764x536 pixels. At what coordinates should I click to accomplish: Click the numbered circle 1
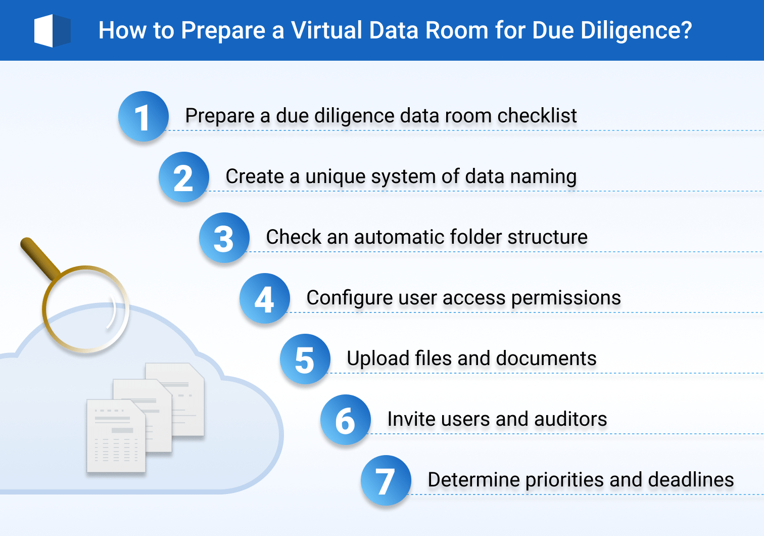coord(143,116)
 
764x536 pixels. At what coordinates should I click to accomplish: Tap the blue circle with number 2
coord(183,177)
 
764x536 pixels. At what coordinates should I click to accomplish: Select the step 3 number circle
coord(224,238)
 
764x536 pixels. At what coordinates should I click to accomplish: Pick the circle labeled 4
coord(264,298)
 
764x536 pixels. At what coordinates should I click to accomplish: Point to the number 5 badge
coord(305,359)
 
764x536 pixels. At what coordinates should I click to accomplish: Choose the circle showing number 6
coord(345,420)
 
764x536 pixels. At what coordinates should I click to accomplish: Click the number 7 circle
coord(386,480)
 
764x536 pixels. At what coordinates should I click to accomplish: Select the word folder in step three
coord(475,237)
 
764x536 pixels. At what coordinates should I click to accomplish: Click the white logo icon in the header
coord(52,31)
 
